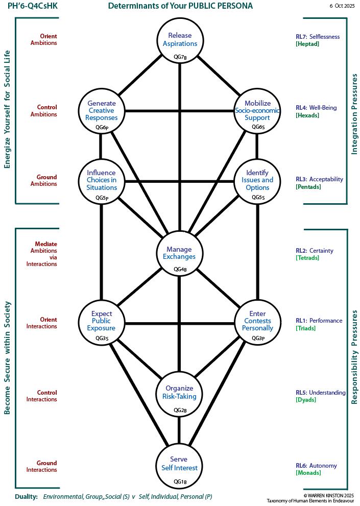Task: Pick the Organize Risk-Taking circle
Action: pos(179,394)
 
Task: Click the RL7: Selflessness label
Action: pos(317,37)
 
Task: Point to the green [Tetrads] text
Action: pos(307,258)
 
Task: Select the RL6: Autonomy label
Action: pos(316,466)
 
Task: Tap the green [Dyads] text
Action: pos(306,400)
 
